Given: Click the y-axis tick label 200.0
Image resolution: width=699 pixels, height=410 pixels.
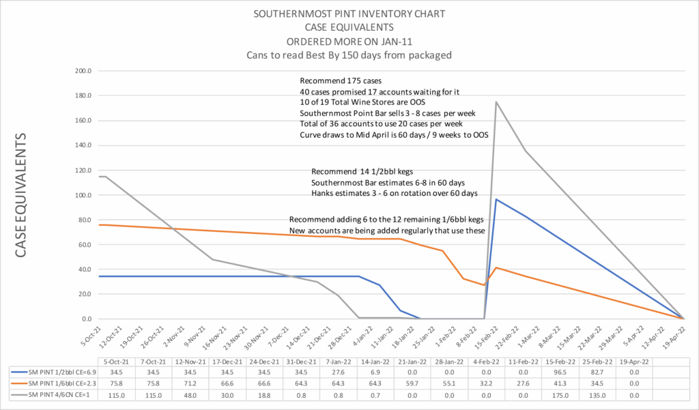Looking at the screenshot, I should (x=83, y=71).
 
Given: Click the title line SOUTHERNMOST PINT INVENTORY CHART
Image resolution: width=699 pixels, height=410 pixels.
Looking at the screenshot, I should (x=349, y=13).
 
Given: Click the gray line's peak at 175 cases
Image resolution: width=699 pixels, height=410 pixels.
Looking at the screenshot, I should (x=496, y=102).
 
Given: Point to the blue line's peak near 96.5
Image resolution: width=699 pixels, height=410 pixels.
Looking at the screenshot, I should (x=496, y=199).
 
